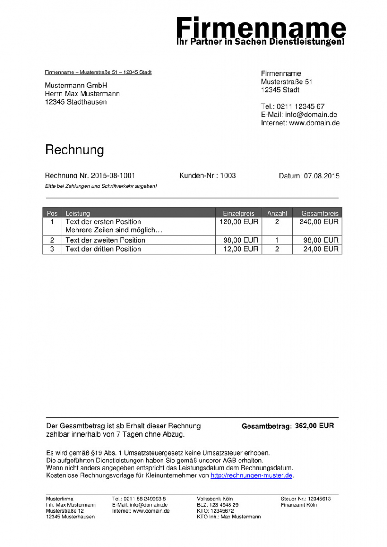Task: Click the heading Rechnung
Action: (x=74, y=150)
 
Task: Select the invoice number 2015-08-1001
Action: (x=113, y=176)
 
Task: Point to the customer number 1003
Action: (x=228, y=176)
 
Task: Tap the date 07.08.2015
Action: (x=321, y=176)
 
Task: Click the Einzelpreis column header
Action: (x=239, y=213)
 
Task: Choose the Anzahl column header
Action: (x=277, y=213)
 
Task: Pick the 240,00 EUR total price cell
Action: (x=319, y=222)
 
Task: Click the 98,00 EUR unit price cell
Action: (x=240, y=240)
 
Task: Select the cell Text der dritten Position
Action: (x=103, y=250)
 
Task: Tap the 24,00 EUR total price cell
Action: (x=320, y=250)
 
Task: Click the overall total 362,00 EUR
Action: (x=314, y=426)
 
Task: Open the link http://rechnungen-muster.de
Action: (x=251, y=476)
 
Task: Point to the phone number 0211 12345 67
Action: (x=301, y=106)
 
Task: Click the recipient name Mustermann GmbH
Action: (x=76, y=86)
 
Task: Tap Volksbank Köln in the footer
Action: (x=215, y=499)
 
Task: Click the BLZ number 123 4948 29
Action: (x=224, y=505)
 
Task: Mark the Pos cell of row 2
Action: (x=53, y=240)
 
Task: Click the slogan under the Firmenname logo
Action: (x=260, y=42)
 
